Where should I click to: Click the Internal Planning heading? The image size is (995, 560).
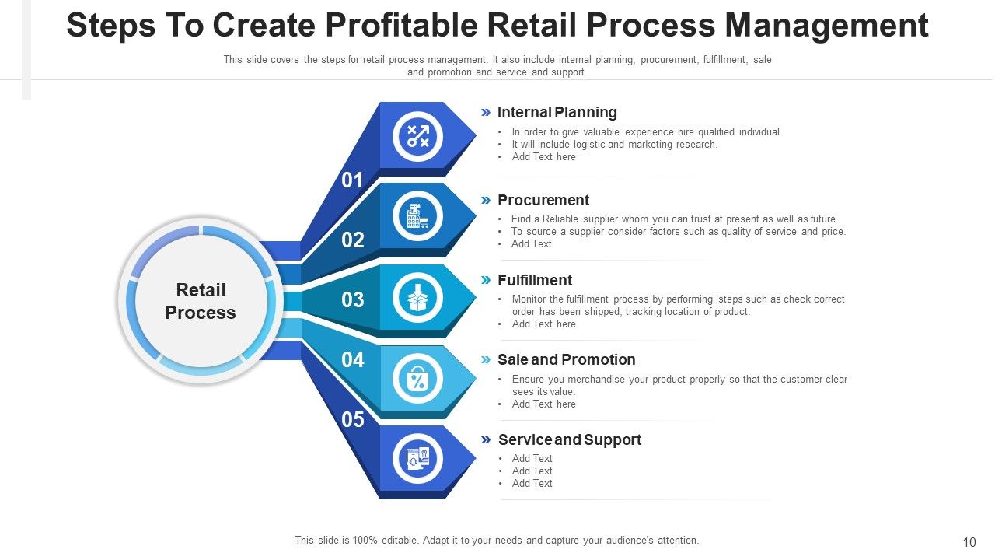click(x=557, y=113)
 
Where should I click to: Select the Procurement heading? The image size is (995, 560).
click(x=543, y=201)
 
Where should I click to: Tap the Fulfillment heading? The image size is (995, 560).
click(x=535, y=281)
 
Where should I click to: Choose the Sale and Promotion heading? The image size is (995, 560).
click(x=566, y=360)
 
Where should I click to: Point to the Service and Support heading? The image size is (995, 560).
click(x=569, y=440)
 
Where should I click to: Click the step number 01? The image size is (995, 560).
click(x=352, y=180)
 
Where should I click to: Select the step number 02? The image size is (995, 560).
click(x=352, y=240)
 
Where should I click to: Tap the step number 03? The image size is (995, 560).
click(x=352, y=300)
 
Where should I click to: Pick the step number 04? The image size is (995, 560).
click(x=352, y=360)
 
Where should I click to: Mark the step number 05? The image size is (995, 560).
click(x=352, y=420)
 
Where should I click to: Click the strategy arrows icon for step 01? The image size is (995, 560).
click(x=418, y=136)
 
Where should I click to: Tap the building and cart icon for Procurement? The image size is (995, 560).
click(x=418, y=216)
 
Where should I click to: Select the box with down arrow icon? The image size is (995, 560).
click(x=418, y=297)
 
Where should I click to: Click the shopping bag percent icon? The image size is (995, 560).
click(x=418, y=379)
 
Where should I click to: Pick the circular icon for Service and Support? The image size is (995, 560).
click(x=418, y=459)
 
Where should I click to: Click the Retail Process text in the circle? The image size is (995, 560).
click(x=201, y=301)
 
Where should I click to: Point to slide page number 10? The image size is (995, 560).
click(x=969, y=542)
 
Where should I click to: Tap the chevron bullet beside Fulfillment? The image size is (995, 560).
click(x=486, y=280)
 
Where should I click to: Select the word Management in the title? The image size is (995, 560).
click(x=826, y=26)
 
